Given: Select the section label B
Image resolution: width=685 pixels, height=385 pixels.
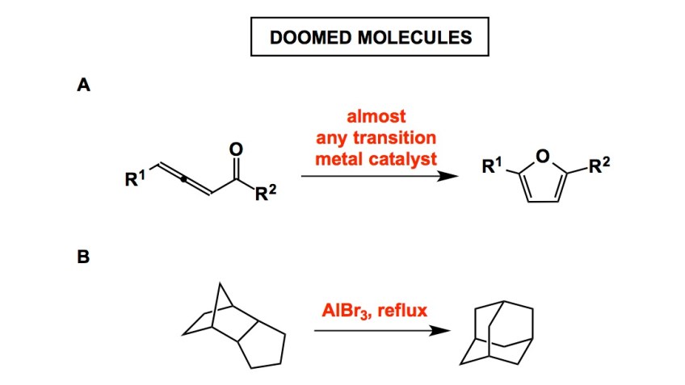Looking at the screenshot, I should pyautogui.click(x=82, y=260).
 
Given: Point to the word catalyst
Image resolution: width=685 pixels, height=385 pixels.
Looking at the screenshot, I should pyautogui.click(x=411, y=157).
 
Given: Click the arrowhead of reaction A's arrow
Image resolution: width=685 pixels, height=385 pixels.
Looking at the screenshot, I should pyautogui.click(x=442, y=174).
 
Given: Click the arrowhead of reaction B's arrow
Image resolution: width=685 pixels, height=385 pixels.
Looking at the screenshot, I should pyautogui.click(x=442, y=331).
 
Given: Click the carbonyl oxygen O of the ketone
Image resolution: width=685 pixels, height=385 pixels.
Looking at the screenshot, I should pyautogui.click(x=236, y=148).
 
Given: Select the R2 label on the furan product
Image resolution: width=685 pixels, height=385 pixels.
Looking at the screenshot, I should pyautogui.click(x=599, y=167).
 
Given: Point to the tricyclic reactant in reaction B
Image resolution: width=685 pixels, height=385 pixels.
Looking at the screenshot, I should pyautogui.click(x=234, y=327).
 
